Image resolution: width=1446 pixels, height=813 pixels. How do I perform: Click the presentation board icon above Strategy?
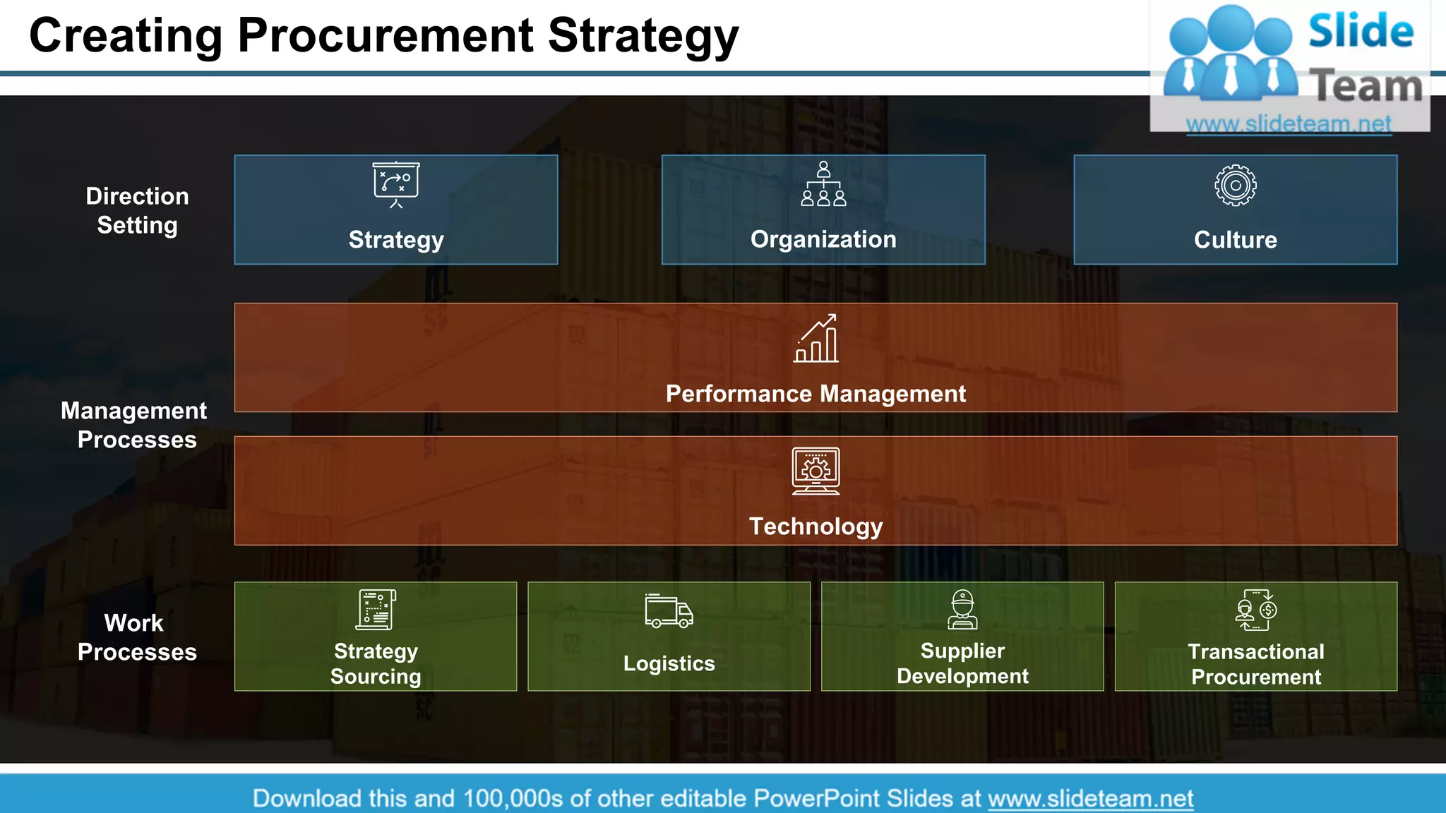pyautogui.click(x=396, y=184)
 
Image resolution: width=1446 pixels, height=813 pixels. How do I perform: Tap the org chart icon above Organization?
pyautogui.click(x=823, y=183)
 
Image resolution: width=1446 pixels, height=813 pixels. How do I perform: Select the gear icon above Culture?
pyautogui.click(x=1236, y=186)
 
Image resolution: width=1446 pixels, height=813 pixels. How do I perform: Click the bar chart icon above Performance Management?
pyautogui.click(x=816, y=339)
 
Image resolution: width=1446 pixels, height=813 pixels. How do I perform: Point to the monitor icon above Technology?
pyautogui.click(x=816, y=471)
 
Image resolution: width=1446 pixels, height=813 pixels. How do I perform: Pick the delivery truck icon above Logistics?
pyautogui.click(x=669, y=611)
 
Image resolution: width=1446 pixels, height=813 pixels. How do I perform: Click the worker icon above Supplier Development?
pyautogui.click(x=962, y=610)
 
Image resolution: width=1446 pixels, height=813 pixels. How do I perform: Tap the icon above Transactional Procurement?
pyautogui.click(x=1256, y=610)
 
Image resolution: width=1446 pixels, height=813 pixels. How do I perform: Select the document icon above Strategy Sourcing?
pyautogui.click(x=376, y=610)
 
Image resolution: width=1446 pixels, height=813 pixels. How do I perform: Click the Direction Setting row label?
pyautogui.click(x=137, y=210)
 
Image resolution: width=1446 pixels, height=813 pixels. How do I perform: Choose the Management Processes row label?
pyautogui.click(x=134, y=425)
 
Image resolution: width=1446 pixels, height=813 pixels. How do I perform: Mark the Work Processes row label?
pyautogui.click(x=136, y=637)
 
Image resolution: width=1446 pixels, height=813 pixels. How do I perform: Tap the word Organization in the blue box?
pyautogui.click(x=823, y=239)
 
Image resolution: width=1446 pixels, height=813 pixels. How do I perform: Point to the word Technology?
pyautogui.click(x=816, y=526)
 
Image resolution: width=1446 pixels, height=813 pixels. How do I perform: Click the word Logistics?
pyautogui.click(x=669, y=663)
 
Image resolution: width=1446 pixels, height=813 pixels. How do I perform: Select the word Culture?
pyautogui.click(x=1236, y=240)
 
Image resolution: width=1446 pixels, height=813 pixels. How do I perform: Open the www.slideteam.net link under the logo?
pyautogui.click(x=1289, y=124)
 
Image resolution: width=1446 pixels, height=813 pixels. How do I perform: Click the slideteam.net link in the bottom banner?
pyautogui.click(x=1090, y=798)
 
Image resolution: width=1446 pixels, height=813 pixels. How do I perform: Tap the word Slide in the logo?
pyautogui.click(x=1361, y=32)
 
